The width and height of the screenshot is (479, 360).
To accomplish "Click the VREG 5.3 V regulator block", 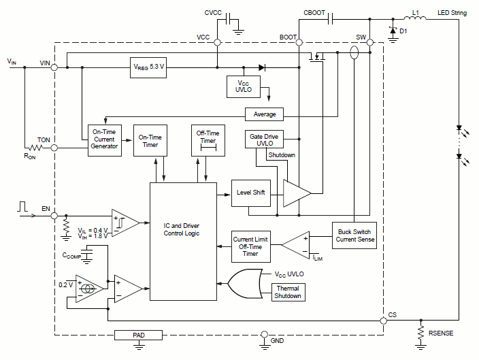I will pyautogui.click(x=148, y=67).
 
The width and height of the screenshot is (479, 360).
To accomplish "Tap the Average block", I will pyautogui.click(x=265, y=114).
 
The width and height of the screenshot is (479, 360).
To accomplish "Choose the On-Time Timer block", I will pyautogui.click(x=150, y=141).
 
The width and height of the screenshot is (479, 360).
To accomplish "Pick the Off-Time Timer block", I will pyautogui.click(x=208, y=141).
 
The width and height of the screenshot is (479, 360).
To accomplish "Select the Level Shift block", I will pyautogui.click(x=251, y=193).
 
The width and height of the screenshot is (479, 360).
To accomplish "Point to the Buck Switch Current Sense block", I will pyautogui.click(x=354, y=235).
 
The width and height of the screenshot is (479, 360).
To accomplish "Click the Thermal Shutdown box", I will pyautogui.click(x=287, y=292).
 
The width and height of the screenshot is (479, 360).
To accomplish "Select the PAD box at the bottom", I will pyautogui.click(x=139, y=335).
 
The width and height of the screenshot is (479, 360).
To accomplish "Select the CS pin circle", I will pyautogui.click(x=384, y=320).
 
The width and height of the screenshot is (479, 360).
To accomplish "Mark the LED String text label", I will pyautogui.click(x=451, y=12).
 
